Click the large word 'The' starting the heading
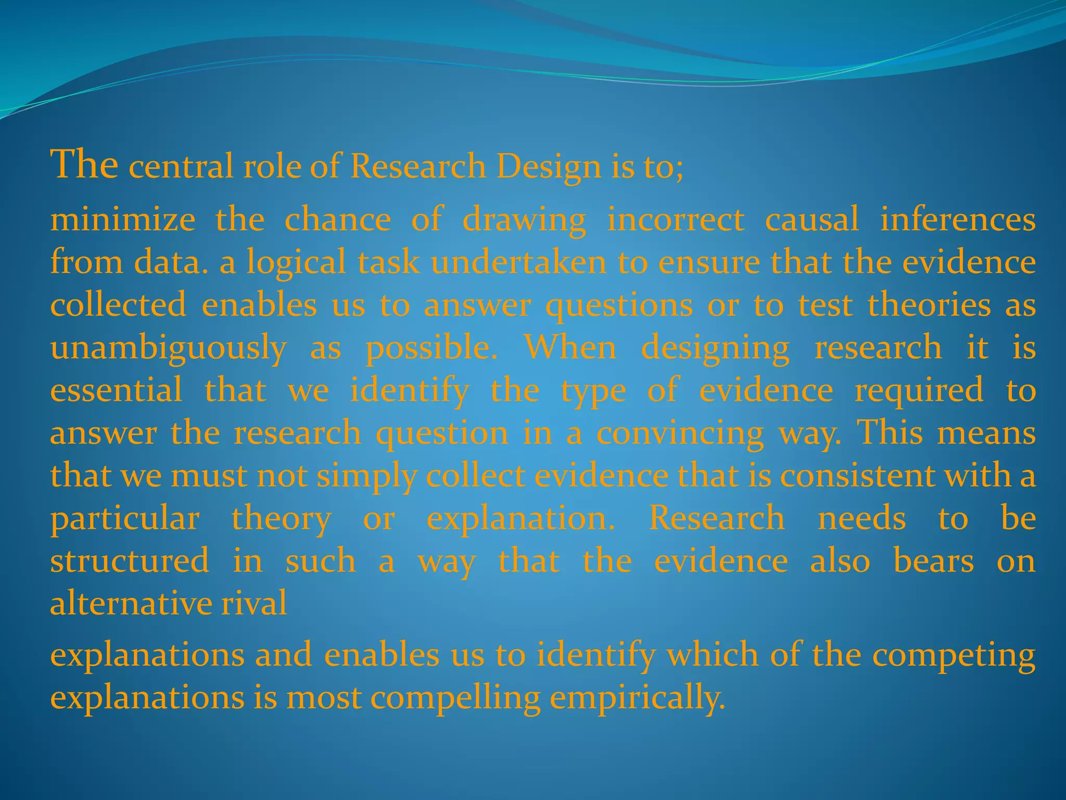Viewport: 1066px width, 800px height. (x=84, y=164)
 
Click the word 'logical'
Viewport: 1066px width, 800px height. (x=296, y=262)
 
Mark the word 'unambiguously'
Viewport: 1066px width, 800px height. (x=168, y=348)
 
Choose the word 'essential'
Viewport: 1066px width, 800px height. (x=116, y=390)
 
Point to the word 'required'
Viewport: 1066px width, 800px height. (x=919, y=391)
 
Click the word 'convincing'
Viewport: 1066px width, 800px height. (x=680, y=433)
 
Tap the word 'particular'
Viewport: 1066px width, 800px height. (x=125, y=519)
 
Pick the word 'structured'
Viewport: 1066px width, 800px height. (x=130, y=561)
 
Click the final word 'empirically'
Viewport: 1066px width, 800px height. (x=636, y=698)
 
